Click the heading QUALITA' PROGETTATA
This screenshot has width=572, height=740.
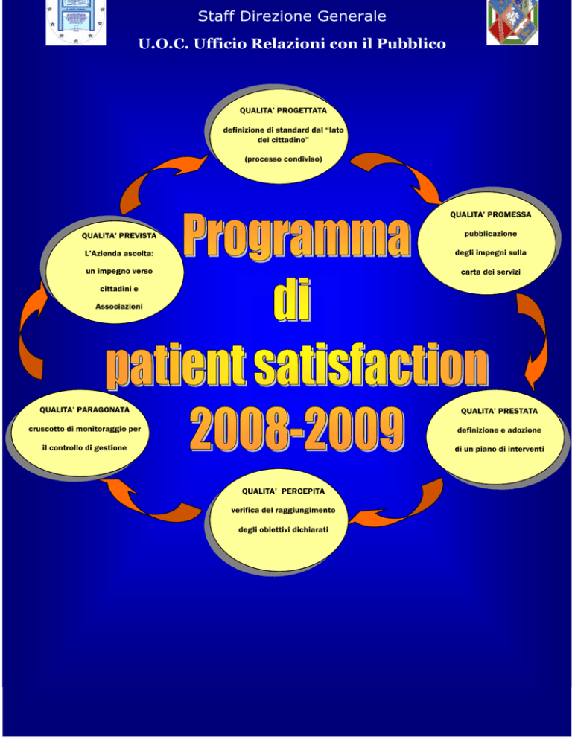point(283,110)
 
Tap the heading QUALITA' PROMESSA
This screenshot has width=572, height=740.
point(490,214)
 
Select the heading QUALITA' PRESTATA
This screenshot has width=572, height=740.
point(499,411)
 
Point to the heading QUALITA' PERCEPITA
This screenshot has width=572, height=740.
point(284,491)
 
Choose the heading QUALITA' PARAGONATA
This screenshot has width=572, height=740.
point(85,409)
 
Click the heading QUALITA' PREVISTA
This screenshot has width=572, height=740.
point(119,235)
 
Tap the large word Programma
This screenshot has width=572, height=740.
point(296,235)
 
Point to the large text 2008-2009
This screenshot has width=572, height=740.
point(296,429)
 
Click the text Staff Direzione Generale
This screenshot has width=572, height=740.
point(292,16)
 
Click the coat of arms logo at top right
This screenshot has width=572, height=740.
point(512,22)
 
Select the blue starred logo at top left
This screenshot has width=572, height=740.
point(75,22)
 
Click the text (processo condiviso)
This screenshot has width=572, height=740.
point(284,159)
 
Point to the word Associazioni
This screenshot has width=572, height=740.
point(119,307)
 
